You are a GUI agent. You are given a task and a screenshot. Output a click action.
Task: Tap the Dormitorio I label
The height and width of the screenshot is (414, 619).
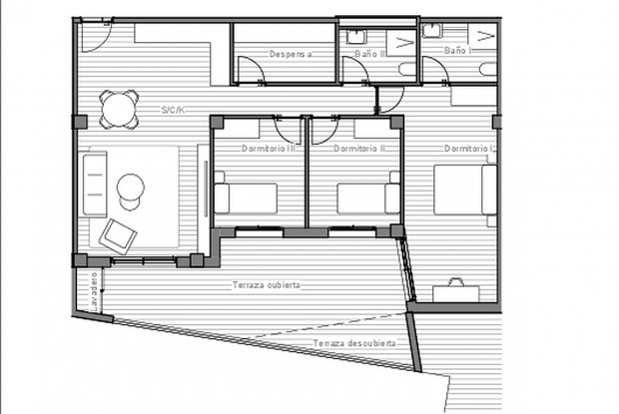pyautogui.click(x=467, y=148)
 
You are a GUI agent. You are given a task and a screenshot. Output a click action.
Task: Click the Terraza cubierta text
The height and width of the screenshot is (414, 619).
pyautogui.click(x=267, y=285)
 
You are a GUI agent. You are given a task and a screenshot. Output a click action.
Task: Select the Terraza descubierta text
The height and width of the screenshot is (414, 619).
pyautogui.click(x=352, y=343)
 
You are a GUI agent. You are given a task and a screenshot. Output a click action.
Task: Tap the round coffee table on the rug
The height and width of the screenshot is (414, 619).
pyautogui.click(x=132, y=187)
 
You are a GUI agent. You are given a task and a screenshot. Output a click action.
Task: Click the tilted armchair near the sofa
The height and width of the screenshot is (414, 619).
pyautogui.click(x=119, y=234)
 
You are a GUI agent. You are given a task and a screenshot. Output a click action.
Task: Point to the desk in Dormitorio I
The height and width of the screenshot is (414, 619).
pyautogui.click(x=456, y=291)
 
